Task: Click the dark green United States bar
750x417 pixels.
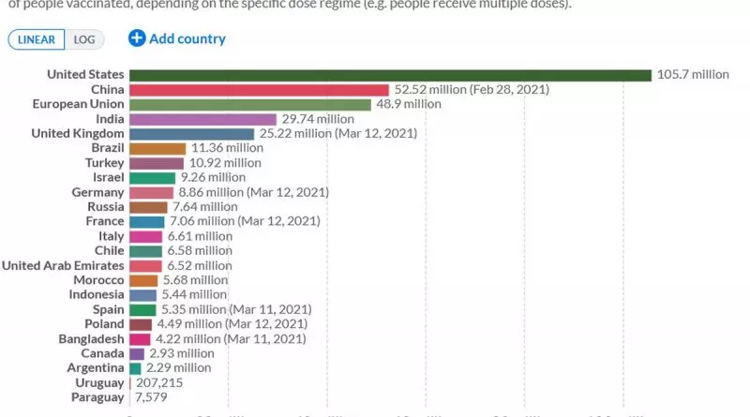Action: [390, 75]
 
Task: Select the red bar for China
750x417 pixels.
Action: [259, 90]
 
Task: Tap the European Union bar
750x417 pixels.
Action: [250, 104]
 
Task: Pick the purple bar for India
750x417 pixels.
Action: [202, 119]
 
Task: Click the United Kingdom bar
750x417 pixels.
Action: [192, 134]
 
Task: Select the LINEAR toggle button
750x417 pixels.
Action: [37, 39]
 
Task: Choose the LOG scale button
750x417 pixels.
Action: [84, 39]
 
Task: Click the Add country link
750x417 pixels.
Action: [187, 38]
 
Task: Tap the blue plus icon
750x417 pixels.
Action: [137, 38]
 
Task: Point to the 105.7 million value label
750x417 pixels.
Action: [693, 75]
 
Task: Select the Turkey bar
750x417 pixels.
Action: [157, 163]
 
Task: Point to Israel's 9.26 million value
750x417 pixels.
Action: [212, 178]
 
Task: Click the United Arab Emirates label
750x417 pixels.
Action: [63, 266]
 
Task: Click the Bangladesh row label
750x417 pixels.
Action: [91, 339]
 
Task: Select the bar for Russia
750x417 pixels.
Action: [148, 207]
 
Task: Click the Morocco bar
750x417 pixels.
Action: [143, 280]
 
